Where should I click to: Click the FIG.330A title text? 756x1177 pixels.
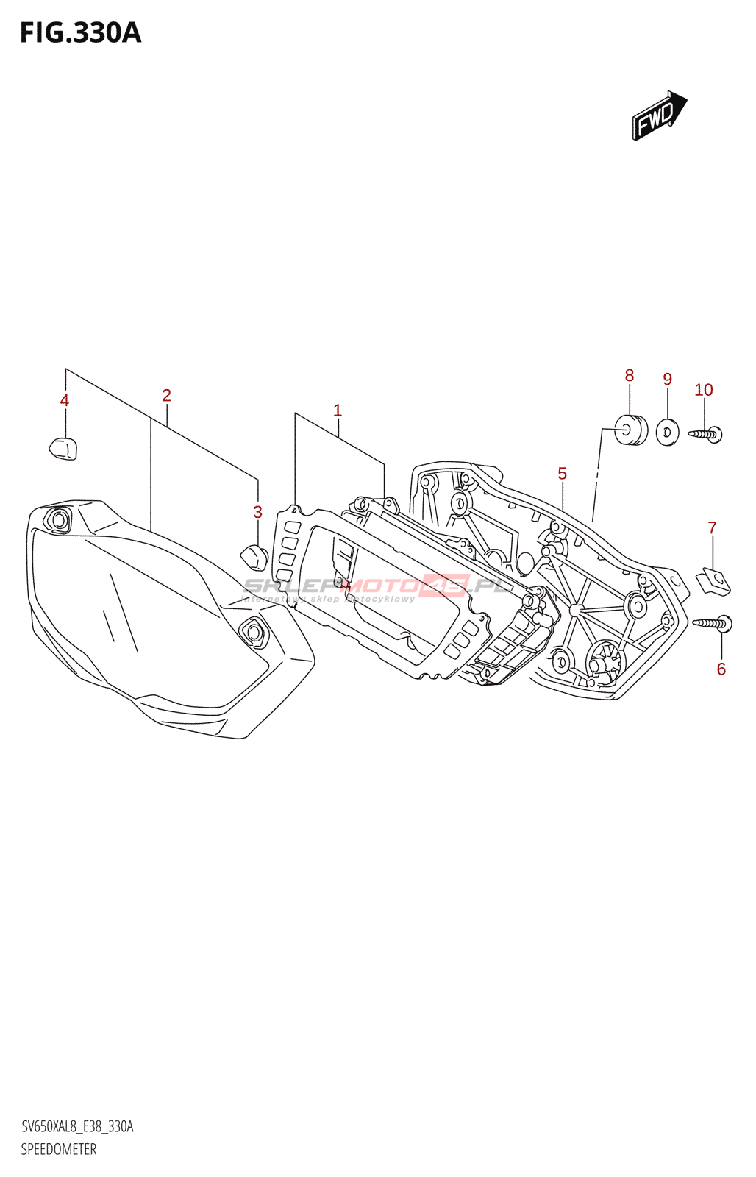80,33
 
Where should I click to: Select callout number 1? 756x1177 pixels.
338,410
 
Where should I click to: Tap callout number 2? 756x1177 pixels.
167,396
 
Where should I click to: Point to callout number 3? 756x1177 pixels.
257,512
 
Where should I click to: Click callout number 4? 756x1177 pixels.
65,401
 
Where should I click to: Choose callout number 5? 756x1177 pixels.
563,474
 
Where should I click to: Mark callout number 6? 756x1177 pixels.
721,669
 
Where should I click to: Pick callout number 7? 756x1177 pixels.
712,527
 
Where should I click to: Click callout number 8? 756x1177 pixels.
630,376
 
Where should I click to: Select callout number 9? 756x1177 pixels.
668,380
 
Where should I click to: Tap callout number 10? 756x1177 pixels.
704,390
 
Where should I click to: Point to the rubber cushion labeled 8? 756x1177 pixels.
630,430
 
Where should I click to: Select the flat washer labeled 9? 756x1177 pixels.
668,432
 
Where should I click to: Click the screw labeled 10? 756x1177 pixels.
707,434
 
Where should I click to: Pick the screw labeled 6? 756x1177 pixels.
713,624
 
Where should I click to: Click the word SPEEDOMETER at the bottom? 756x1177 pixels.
59,1149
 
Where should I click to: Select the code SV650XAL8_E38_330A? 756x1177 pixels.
77,1127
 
